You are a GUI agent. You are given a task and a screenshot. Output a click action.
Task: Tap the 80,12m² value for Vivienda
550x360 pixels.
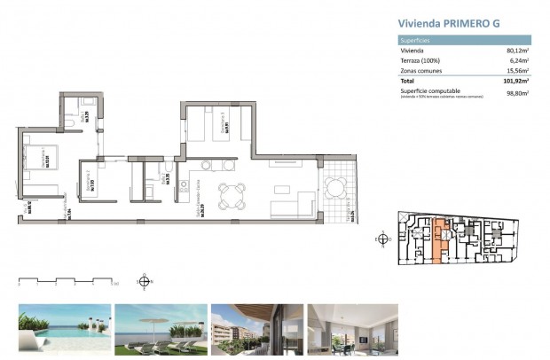pyautogui.click(x=517, y=51)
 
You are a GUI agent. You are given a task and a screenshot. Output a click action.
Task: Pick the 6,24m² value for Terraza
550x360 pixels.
pyautogui.click(x=519, y=60)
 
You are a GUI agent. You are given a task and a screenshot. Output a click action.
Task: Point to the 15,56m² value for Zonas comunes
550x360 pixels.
pyautogui.click(x=517, y=70)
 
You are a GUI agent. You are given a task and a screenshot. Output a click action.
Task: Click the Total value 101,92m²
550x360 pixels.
pyautogui.click(x=515, y=81)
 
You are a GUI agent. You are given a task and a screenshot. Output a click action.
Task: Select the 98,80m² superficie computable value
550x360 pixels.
pyautogui.click(x=517, y=92)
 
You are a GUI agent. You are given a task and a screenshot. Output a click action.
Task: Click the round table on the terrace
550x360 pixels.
pyautogui.click(x=335, y=187)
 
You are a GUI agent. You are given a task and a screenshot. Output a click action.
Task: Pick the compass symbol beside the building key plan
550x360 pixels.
pyautogui.click(x=383, y=238)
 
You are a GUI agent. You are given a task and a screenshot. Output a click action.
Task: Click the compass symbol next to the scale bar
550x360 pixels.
pyautogui.click(x=144, y=283)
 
